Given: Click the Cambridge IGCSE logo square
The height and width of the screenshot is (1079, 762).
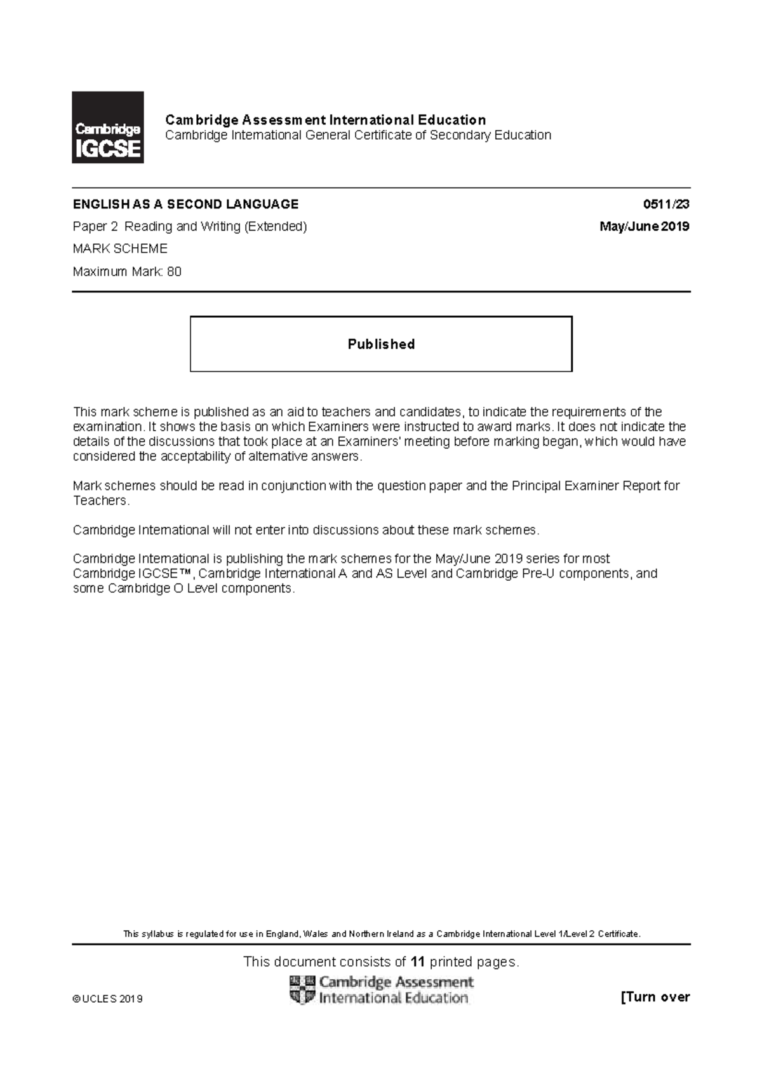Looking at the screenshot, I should click(107, 127).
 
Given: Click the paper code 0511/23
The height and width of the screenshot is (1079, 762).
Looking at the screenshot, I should click(666, 205).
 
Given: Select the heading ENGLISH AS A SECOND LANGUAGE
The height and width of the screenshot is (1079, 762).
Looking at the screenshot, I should click(185, 205).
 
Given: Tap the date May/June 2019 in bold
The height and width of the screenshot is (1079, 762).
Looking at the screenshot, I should click(645, 227).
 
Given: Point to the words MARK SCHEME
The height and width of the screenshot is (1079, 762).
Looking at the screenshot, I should click(120, 248).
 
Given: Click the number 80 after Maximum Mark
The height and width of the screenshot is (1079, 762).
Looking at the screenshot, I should click(174, 272).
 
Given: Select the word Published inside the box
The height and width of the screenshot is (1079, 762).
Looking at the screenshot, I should click(381, 344).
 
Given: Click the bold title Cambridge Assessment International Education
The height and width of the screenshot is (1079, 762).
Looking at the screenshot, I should click(325, 120).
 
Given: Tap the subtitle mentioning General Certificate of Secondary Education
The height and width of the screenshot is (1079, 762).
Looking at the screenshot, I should click(358, 135).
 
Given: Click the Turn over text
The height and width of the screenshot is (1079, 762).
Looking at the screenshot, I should click(655, 997).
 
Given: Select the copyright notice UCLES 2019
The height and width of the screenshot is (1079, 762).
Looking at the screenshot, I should click(108, 999).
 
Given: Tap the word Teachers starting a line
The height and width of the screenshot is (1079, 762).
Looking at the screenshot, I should click(100, 501).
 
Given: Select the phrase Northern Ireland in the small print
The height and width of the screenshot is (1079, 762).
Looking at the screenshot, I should click(384, 934).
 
